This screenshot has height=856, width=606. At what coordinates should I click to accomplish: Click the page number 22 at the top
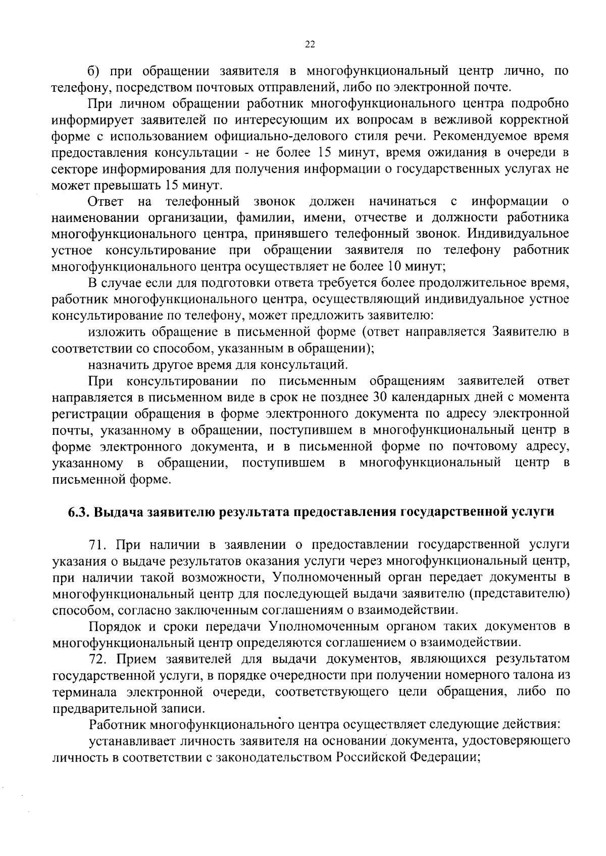(310, 45)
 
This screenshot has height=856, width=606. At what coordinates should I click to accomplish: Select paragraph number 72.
(98, 659)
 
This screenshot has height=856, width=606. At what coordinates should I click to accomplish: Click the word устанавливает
(131, 741)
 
